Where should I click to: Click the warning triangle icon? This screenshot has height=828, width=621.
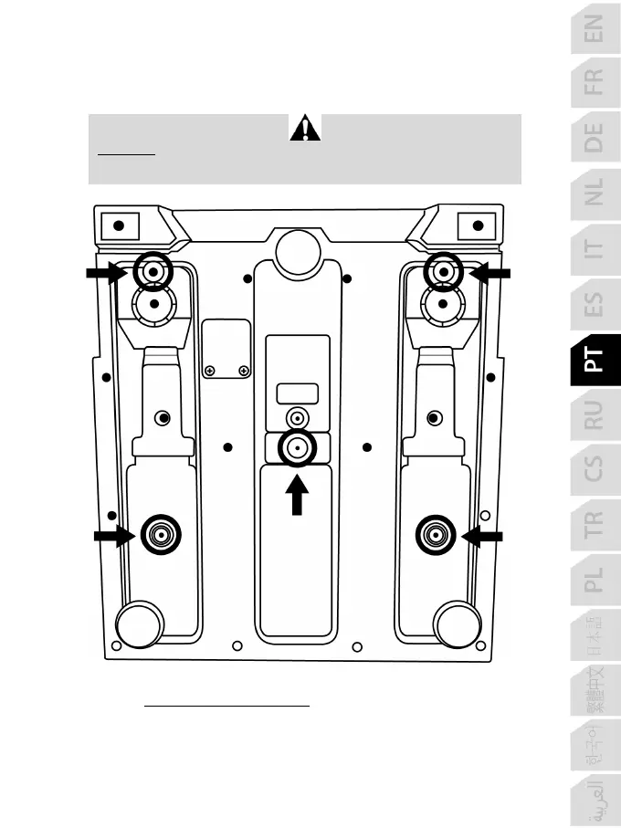point(305,129)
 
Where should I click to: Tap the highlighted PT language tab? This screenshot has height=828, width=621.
point(595,361)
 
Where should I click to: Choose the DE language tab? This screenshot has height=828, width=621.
point(595,139)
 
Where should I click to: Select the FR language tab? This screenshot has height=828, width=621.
point(595,83)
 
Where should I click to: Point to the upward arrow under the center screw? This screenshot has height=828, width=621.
point(297,498)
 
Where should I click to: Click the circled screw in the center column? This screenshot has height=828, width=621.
point(297,447)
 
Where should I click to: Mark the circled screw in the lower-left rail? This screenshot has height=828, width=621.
point(161,533)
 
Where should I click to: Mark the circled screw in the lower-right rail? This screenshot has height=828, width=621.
point(435,534)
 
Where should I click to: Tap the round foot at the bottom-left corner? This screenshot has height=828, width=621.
point(141,624)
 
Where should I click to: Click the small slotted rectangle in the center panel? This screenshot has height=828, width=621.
point(297,393)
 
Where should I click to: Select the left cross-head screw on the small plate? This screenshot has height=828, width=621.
point(210,370)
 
